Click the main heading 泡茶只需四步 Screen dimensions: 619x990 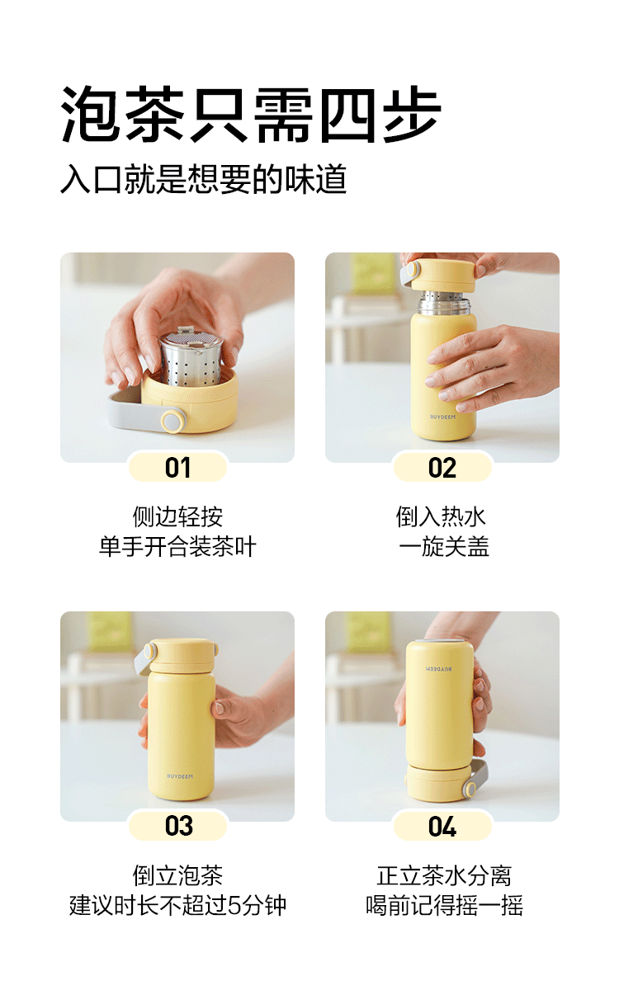click(251, 114)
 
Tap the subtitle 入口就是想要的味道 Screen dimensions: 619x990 click(203, 179)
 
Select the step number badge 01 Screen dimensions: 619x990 click(177, 467)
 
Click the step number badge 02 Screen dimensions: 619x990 click(442, 467)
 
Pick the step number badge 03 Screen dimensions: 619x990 click(177, 826)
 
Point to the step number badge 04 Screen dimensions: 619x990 click(442, 826)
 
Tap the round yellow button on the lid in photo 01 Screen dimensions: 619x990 click(172, 420)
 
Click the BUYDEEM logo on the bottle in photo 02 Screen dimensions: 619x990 click(442, 417)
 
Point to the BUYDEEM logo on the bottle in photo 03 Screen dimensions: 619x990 click(180, 776)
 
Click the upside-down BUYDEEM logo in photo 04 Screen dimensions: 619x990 click(439, 669)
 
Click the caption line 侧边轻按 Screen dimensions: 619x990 click(177, 516)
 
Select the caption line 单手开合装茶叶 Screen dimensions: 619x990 click(177, 546)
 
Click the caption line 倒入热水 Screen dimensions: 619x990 click(442, 516)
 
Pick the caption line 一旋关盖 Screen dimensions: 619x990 click(444, 546)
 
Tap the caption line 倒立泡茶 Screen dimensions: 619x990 click(177, 875)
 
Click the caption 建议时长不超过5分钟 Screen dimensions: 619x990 click(177, 905)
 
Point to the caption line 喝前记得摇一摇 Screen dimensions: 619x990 click(444, 905)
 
